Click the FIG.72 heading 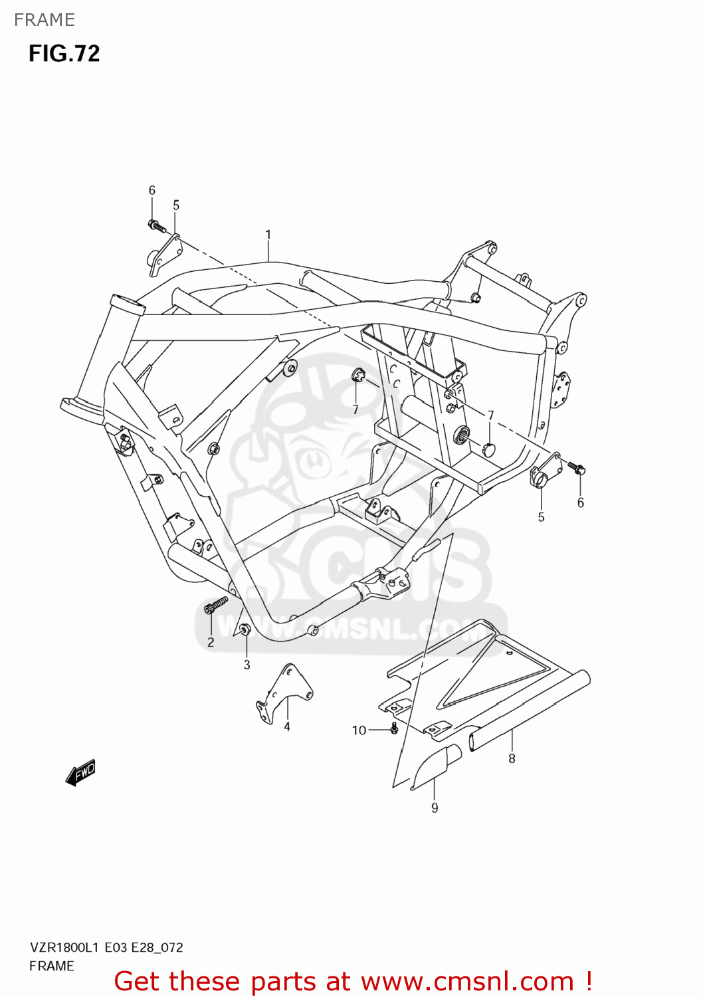[64, 54]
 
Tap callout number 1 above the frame [268, 235]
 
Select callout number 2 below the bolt [211, 642]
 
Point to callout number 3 [247, 665]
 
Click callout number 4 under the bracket [287, 727]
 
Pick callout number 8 [512, 758]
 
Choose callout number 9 [435, 808]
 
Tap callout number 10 [359, 730]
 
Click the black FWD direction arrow [81, 774]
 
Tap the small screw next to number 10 [394, 728]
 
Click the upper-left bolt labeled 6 [157, 226]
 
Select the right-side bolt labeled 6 [576, 468]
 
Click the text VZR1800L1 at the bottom [64, 948]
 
